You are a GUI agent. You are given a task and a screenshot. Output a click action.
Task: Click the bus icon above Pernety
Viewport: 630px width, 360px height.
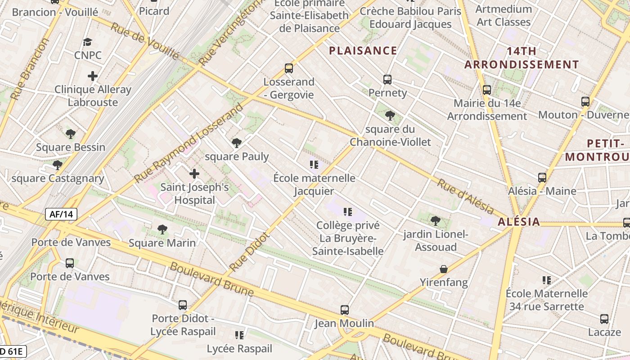(x=387, y=80)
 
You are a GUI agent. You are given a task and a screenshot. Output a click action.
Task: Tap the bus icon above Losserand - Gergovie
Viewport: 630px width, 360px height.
(x=289, y=68)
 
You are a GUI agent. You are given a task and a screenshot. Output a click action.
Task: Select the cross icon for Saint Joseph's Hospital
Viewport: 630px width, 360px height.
(x=194, y=174)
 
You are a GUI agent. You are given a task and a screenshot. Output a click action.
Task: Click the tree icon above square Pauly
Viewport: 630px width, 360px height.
(x=236, y=144)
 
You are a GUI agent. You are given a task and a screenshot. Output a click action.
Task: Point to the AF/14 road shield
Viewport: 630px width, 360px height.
(x=61, y=214)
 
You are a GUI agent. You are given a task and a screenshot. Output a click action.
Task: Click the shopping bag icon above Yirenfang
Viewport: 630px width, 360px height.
(x=444, y=269)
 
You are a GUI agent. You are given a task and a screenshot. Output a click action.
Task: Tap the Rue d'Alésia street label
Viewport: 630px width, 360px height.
(x=466, y=196)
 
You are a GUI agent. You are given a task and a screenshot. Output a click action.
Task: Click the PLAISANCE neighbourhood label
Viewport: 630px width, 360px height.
(x=363, y=50)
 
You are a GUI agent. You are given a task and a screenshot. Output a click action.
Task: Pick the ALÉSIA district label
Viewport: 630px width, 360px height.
(x=519, y=222)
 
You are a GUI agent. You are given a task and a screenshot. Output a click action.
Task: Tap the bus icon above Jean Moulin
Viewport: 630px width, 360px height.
(x=344, y=310)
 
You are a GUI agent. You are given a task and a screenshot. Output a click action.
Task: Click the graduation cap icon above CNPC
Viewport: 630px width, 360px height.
(x=87, y=42)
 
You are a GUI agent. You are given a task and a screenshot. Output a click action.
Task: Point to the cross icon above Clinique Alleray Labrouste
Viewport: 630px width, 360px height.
(x=93, y=76)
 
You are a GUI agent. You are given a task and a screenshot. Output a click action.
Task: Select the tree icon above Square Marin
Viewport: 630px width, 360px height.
(x=162, y=229)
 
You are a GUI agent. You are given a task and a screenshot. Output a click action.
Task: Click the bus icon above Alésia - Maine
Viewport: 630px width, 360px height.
(x=542, y=178)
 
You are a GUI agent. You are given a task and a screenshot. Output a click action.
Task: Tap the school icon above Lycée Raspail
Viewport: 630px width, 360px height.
(x=239, y=335)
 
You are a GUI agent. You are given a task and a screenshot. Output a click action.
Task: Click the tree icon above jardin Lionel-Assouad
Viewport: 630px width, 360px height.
(x=435, y=220)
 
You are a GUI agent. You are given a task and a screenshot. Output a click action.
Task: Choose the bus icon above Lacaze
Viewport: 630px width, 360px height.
(x=604, y=319)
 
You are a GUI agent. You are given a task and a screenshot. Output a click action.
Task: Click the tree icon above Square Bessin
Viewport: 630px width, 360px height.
(x=70, y=134)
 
